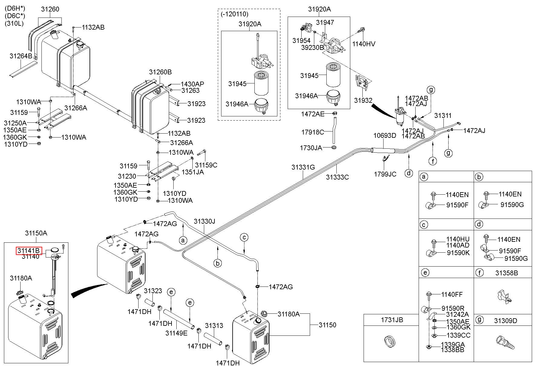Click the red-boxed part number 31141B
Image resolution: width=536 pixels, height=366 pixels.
(x=28, y=251)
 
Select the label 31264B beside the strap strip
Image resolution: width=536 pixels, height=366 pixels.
(x=21, y=56)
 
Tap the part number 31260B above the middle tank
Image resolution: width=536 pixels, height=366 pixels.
(x=160, y=72)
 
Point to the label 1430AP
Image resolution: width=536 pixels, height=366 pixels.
(x=192, y=84)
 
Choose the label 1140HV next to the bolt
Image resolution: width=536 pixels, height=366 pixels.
(x=364, y=44)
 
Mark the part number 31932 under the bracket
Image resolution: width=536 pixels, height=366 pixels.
(x=363, y=100)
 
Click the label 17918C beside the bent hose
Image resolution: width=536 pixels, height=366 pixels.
(x=312, y=132)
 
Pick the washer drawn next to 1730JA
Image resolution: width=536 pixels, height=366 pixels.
(x=334, y=147)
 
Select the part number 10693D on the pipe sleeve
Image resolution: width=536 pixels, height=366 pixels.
(x=384, y=135)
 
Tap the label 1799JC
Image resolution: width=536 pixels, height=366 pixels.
(x=385, y=174)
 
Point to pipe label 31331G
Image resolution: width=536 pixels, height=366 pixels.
(x=303, y=167)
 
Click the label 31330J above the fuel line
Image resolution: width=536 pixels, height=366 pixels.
(x=204, y=222)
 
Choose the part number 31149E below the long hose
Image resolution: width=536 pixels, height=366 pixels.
(x=176, y=333)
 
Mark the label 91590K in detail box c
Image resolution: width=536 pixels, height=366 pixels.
(x=458, y=253)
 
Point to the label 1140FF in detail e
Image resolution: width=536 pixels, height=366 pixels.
(x=452, y=294)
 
